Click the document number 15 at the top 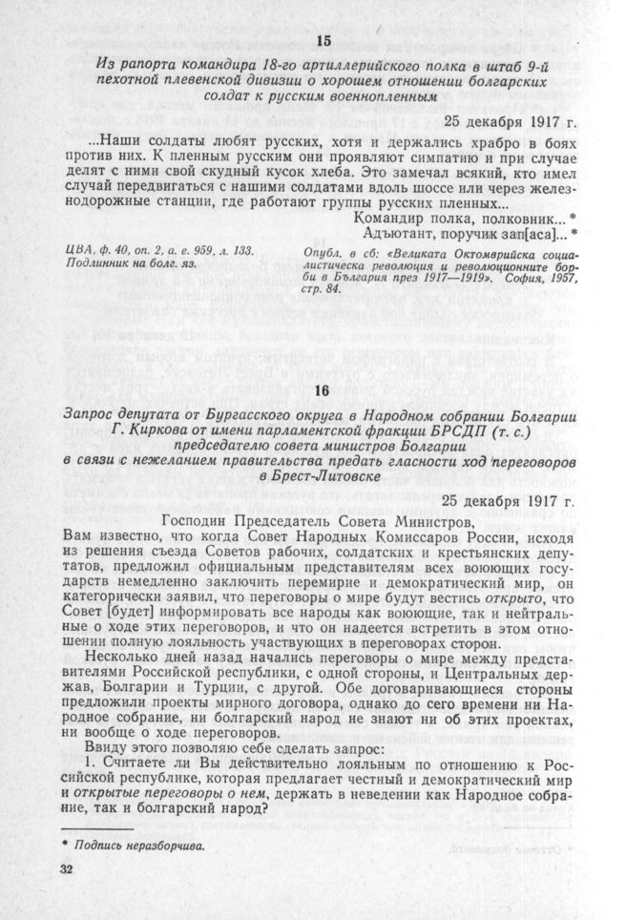point(323,40)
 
